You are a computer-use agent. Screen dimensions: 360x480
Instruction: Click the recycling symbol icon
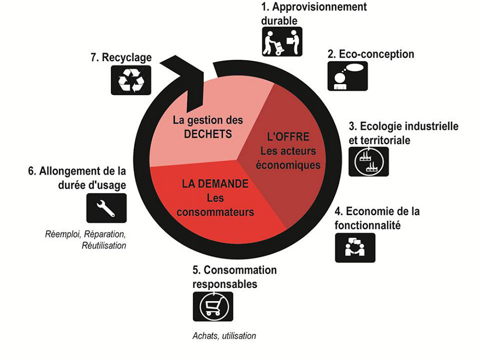131,80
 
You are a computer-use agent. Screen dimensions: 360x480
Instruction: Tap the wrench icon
106,208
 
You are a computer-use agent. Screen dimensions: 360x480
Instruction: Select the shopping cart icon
213,306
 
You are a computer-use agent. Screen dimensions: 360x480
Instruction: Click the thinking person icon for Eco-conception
348,76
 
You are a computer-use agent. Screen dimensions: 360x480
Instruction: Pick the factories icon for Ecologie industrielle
368,161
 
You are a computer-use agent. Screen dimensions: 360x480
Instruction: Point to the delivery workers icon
282,42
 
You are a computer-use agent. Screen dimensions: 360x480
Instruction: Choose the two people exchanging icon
355,247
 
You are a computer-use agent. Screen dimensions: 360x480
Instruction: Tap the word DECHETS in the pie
208,134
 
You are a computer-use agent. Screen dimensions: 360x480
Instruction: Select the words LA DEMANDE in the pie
215,184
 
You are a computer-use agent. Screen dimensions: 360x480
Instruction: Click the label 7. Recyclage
120,58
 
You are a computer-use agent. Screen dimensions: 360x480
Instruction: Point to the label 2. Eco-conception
371,54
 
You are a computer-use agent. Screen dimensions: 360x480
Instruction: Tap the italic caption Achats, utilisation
224,336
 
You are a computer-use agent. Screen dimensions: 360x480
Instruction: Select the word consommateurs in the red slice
215,212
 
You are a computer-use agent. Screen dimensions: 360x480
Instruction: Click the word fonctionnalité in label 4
367,224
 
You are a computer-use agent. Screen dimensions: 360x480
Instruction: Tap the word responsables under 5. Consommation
225,284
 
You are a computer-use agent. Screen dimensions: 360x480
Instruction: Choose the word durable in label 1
279,20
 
